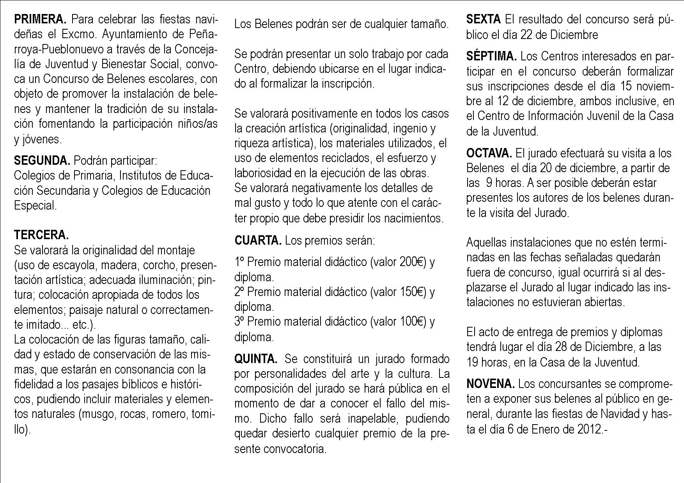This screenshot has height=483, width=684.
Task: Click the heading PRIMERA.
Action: [40, 19]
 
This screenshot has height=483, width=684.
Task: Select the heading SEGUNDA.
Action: [42, 160]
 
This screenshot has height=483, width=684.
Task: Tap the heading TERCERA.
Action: [41, 235]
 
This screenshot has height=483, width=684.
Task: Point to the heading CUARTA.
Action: [258, 240]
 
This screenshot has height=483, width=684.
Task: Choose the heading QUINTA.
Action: [256, 359]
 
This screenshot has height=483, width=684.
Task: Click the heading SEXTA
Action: [483, 19]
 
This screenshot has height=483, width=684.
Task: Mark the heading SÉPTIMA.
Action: [491, 56]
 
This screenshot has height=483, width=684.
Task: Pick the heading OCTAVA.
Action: [489, 153]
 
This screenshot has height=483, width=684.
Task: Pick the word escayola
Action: [74, 265]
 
